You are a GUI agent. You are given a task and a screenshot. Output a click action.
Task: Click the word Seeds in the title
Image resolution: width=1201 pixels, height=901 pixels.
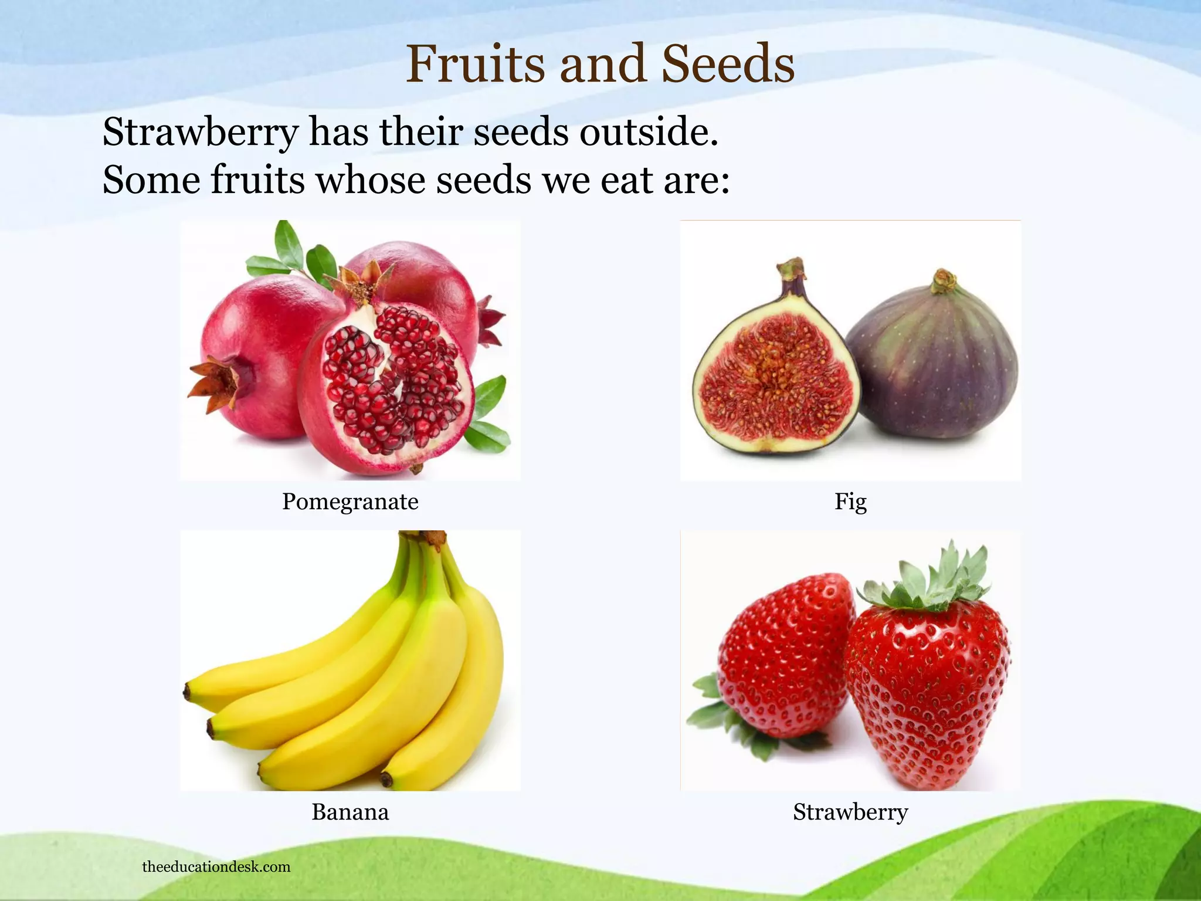(728, 65)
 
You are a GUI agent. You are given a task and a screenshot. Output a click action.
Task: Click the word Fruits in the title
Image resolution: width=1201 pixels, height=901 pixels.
(476, 65)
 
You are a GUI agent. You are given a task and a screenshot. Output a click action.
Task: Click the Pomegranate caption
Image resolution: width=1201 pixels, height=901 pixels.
(350, 502)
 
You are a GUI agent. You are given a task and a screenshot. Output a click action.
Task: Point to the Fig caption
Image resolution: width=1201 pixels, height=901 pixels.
(850, 502)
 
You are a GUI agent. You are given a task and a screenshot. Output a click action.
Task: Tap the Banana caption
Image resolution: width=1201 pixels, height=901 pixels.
(350, 812)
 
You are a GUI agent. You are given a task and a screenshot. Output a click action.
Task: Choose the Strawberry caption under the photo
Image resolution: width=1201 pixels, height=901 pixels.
(850, 812)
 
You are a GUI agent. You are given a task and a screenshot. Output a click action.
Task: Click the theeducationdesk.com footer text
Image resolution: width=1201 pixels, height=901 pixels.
(216, 867)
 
